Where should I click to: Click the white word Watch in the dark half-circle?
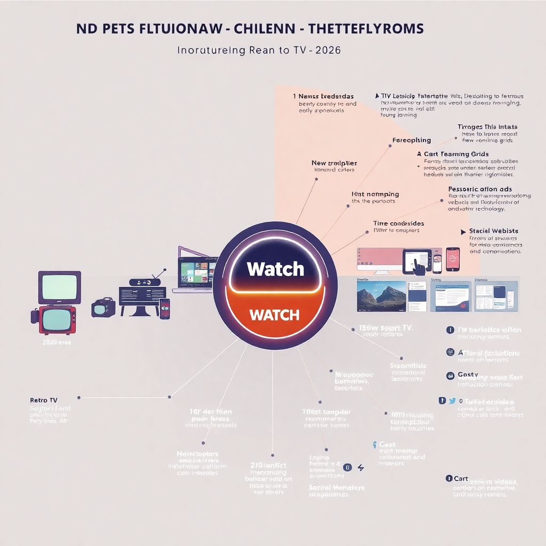pyautogui.click(x=275, y=269)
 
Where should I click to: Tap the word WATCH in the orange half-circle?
pyautogui.click(x=274, y=315)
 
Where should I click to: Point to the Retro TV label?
pyautogui.click(x=44, y=400)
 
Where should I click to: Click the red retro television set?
pyautogui.click(x=57, y=319)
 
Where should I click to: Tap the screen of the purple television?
pyautogui.click(x=59, y=287)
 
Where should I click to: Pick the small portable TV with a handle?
pyautogui.click(x=102, y=308)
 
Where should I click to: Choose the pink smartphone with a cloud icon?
pyautogui.click(x=453, y=258)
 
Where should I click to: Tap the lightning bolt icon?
pyautogui.click(x=361, y=468)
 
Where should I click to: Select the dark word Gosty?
pyautogui.click(x=468, y=375)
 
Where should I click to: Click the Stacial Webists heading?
pyautogui.click(x=493, y=231)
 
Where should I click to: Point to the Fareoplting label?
pyautogui.click(x=411, y=140)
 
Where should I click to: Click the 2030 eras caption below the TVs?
pyautogui.click(x=57, y=343)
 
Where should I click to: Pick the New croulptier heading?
pyautogui.click(x=334, y=163)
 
